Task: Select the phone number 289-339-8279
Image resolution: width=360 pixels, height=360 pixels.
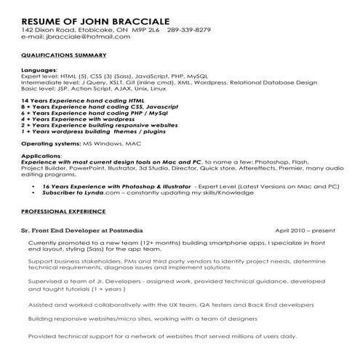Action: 189,29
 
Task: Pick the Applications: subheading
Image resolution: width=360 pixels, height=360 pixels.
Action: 41,156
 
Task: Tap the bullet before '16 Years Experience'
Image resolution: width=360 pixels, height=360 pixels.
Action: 36,186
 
